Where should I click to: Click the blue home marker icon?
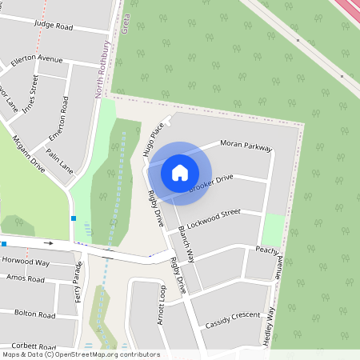[180, 172]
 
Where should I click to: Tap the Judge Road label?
[54, 26]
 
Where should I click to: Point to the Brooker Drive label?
[211, 182]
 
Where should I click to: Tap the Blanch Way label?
[186, 245]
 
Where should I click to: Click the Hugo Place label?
[154, 138]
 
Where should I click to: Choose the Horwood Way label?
[26, 262]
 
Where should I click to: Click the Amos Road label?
[25, 279]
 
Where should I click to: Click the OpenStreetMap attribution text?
[81, 354]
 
